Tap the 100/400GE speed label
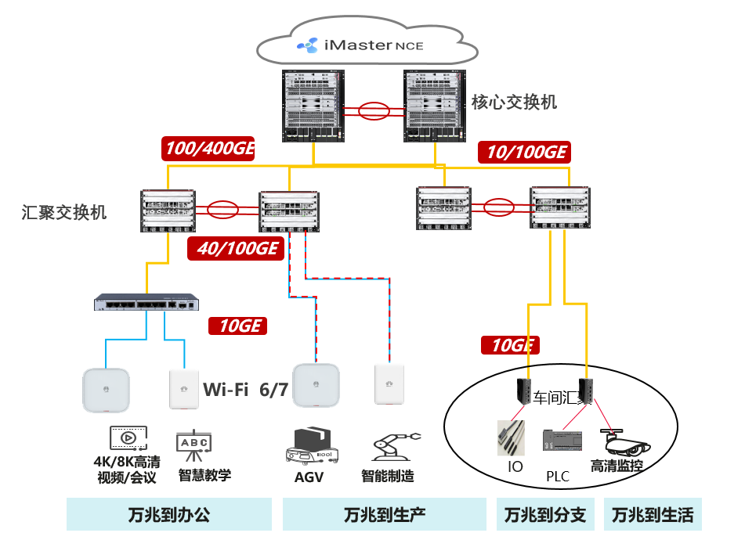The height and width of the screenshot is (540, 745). tap(209, 149)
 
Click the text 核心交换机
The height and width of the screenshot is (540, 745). tap(514, 103)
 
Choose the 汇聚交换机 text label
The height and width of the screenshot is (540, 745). tap(65, 212)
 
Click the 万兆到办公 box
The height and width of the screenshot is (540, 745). tap(169, 514)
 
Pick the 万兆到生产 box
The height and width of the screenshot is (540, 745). tap(384, 514)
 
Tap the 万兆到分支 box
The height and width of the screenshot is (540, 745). tap(545, 514)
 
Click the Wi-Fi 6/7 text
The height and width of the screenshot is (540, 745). tap(246, 389)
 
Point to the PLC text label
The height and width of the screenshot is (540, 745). tap(557, 475)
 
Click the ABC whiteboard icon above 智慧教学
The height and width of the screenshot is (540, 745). tap(195, 444)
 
